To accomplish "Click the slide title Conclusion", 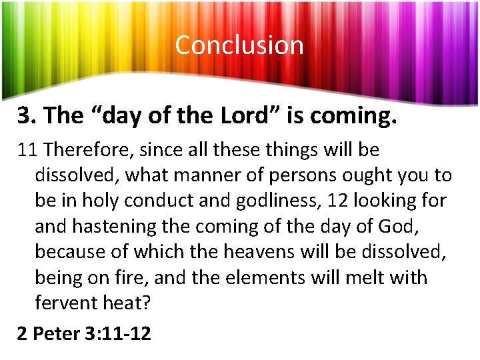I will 239,45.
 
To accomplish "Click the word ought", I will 370,176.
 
